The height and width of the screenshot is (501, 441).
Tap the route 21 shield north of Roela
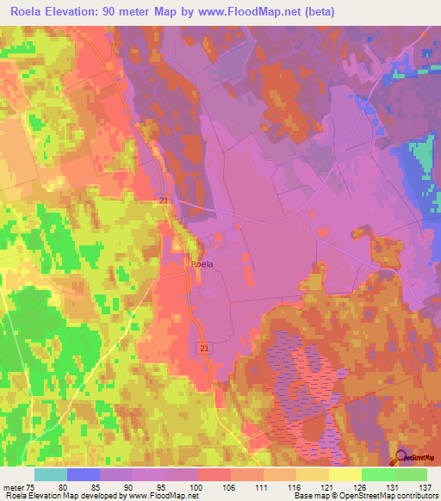coord(163,201)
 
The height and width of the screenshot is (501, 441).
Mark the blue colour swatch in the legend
coord(84,474)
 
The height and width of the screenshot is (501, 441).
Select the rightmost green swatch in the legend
coord(411,474)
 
